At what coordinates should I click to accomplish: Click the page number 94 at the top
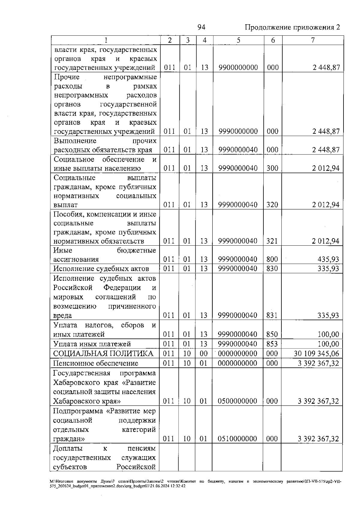[201, 28]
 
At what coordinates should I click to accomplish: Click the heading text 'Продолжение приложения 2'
[292, 28]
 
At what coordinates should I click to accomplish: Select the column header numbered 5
[238, 40]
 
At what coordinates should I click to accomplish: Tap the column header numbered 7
[313, 40]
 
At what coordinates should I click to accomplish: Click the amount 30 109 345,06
[316, 354]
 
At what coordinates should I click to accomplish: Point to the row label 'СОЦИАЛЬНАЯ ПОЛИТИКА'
[103, 354]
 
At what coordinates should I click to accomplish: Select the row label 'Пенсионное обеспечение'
[96, 363]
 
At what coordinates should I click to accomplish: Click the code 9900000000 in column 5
[238, 67]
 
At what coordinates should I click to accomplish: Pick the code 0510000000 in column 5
[238, 439]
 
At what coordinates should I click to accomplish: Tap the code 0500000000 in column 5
[238, 401]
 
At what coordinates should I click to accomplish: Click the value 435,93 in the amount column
[328, 259]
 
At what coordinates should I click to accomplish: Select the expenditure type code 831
[272, 315]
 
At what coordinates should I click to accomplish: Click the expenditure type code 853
[272, 344]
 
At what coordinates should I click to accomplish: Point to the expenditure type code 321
[272, 241]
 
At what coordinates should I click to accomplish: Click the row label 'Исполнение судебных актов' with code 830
[101, 268]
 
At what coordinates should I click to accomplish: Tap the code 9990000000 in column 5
[238, 131]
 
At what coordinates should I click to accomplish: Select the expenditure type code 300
[272, 168]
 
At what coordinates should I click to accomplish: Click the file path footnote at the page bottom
[195, 484]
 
